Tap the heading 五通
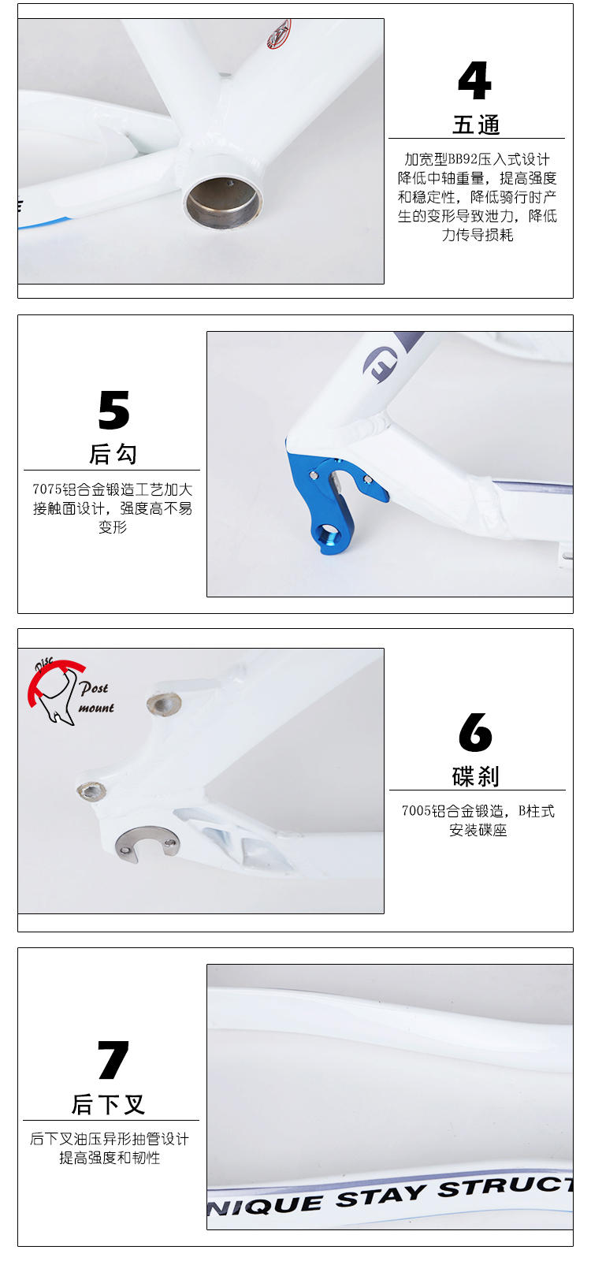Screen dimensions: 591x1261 pyautogui.click(x=476, y=125)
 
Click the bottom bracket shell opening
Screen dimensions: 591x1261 pyautogui.click(x=224, y=201)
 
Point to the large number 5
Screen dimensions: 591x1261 pyautogui.click(x=113, y=410)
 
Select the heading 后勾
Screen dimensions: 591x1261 pyautogui.click(x=113, y=453)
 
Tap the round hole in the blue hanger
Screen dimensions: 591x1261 pyautogui.click(x=328, y=533)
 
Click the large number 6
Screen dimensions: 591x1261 pyautogui.click(x=475, y=732)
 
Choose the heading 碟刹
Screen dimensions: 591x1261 pyautogui.click(x=476, y=776)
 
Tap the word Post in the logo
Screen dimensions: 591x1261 pyautogui.click(x=94, y=688)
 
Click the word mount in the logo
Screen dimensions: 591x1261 pyautogui.click(x=96, y=708)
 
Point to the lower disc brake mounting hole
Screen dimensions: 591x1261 pyautogui.click(x=91, y=791)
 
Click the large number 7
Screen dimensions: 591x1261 pyautogui.click(x=113, y=1059)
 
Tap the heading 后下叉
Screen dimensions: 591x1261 pyautogui.click(x=109, y=1104)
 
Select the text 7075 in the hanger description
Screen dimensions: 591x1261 pyautogui.click(x=46, y=489)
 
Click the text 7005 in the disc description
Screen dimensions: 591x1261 pyautogui.click(x=416, y=811)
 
